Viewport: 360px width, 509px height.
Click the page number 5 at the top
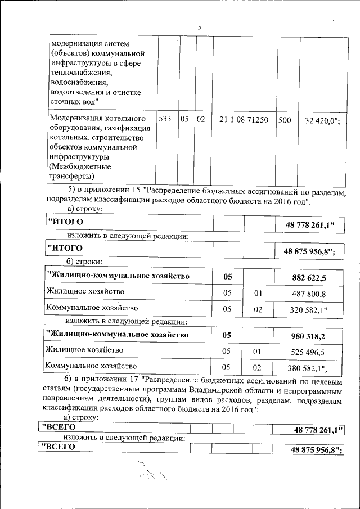[199, 28]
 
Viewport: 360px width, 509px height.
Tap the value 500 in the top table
[285, 120]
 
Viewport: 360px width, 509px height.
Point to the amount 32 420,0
[322, 120]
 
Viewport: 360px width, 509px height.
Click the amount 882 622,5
[309, 277]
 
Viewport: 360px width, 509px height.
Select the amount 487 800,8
[309, 293]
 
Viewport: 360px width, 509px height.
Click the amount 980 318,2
[309, 336]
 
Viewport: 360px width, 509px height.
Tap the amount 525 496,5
[309, 352]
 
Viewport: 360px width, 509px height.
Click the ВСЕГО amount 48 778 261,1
[318, 430]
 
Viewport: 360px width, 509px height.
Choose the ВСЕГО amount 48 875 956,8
[317, 449]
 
